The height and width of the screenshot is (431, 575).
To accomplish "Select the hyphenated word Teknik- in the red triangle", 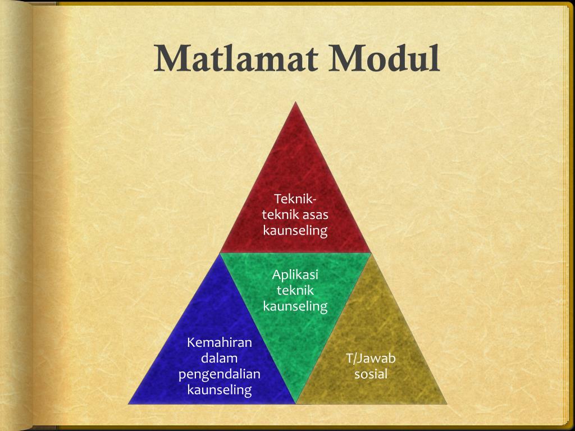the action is click(x=295, y=199).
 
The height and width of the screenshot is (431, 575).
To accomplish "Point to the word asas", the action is click(x=316, y=214).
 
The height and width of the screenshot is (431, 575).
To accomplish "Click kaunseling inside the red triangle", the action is click(x=295, y=230).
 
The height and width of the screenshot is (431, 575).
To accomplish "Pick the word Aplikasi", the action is click(x=295, y=274).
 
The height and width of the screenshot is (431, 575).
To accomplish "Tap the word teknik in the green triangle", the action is click(x=295, y=290).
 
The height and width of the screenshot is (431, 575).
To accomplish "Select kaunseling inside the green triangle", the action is click(x=295, y=306).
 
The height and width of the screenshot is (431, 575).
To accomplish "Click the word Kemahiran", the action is click(x=220, y=342).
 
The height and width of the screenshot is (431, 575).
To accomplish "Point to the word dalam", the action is click(x=220, y=358).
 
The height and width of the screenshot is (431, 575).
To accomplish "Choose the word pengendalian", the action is click(x=220, y=374).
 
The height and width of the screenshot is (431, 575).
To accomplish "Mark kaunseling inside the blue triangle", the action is click(x=220, y=389).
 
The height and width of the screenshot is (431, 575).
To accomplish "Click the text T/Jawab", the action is click(x=371, y=358).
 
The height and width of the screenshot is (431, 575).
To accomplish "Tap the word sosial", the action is click(x=371, y=374).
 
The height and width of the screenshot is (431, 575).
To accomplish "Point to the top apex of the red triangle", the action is click(x=295, y=102).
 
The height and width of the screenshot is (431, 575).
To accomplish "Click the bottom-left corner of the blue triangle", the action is click(x=129, y=404).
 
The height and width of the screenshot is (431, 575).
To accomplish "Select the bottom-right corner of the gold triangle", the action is click(x=447, y=404).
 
